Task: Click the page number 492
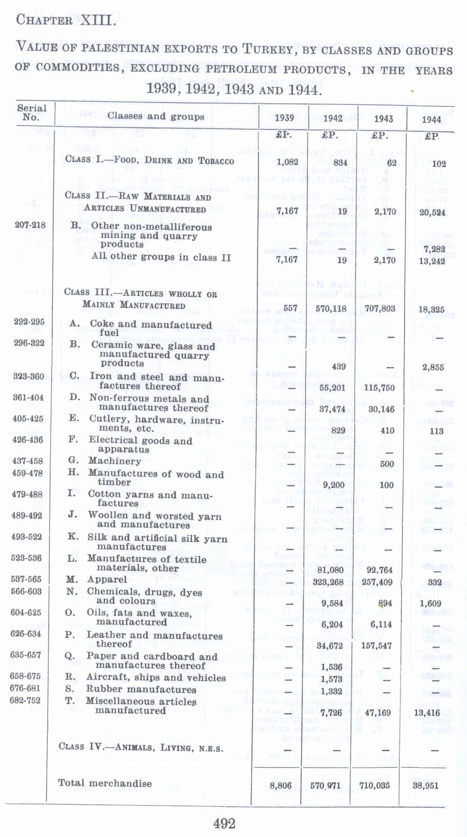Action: point(224,823)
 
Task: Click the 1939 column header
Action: point(284,118)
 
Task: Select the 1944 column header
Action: point(431,119)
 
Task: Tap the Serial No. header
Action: point(31,112)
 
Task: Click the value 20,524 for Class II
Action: point(432,212)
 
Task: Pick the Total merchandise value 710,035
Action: point(375,785)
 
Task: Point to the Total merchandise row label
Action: point(105,783)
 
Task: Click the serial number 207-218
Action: point(30,225)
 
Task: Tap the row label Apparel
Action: point(107,579)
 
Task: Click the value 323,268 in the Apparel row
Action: point(328,582)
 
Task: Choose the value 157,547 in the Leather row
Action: point(377,645)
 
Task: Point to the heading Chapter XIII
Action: point(66,21)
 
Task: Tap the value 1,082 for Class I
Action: point(287,161)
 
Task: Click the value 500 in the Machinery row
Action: point(386,464)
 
